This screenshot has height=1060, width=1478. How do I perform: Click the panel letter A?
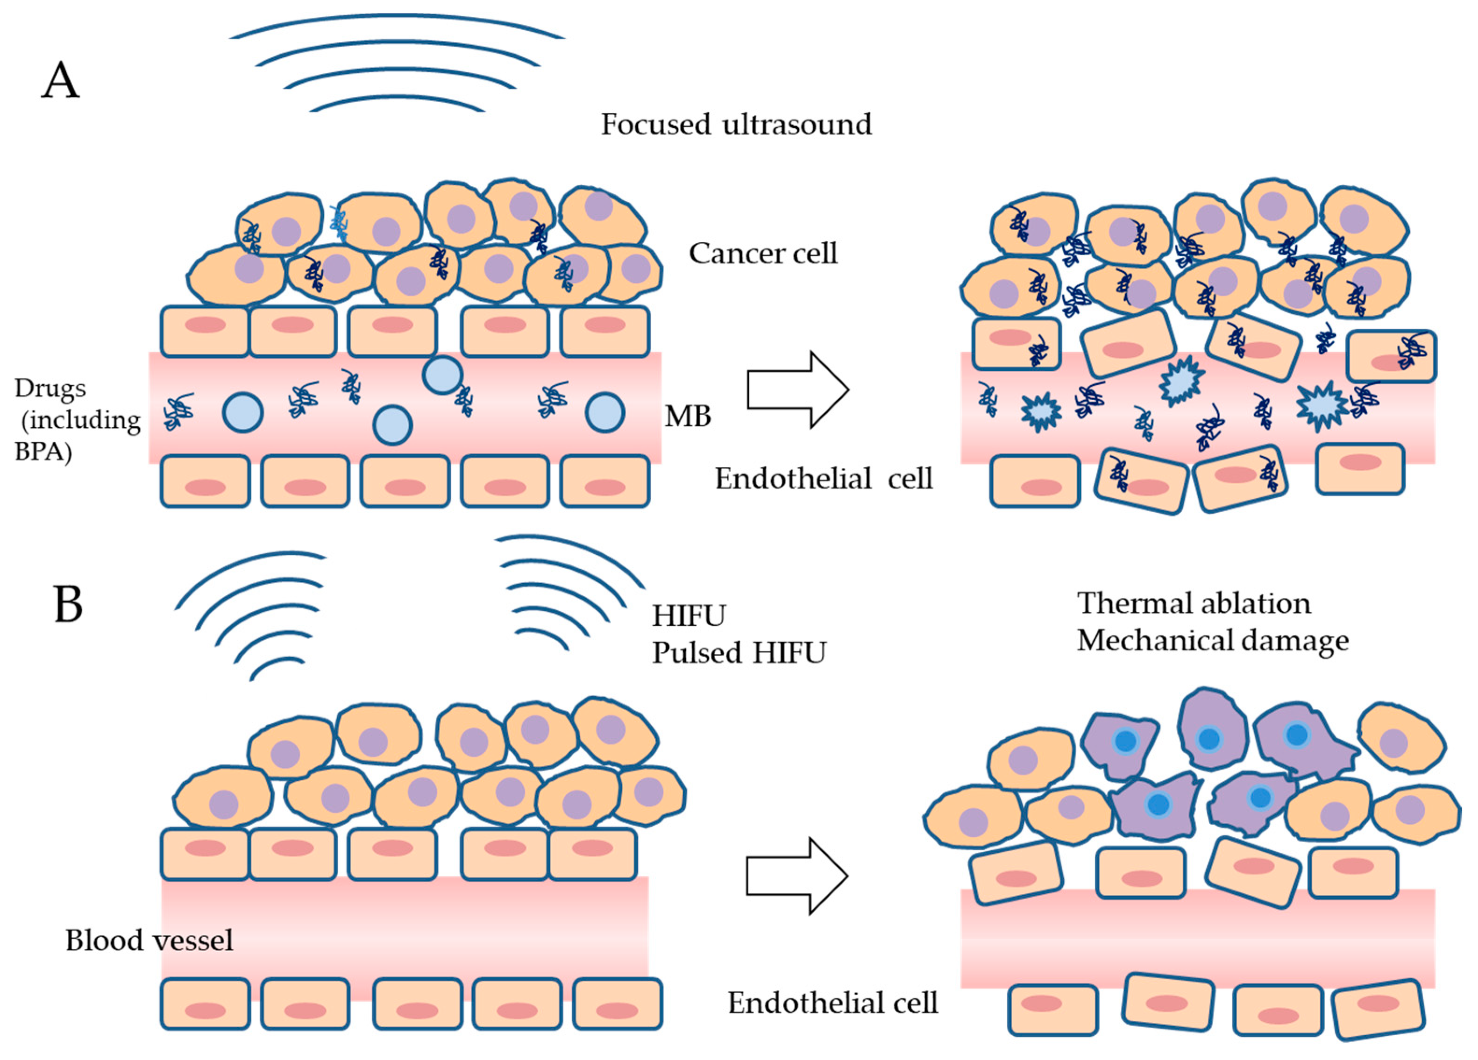pyautogui.click(x=61, y=81)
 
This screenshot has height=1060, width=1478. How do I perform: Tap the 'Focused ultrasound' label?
pyautogui.click(x=736, y=124)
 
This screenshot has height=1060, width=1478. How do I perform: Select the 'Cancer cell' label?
pyautogui.click(x=763, y=253)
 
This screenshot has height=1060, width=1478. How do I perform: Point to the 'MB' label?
pyautogui.click(x=688, y=416)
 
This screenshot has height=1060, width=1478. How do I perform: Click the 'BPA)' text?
pyautogui.click(x=43, y=451)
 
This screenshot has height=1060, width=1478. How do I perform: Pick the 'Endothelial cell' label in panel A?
pyautogui.click(x=823, y=478)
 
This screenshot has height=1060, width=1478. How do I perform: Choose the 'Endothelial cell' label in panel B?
pyautogui.click(x=832, y=1003)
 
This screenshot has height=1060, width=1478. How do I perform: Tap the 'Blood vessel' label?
pyautogui.click(x=149, y=940)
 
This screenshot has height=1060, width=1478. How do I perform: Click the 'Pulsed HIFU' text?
pyautogui.click(x=739, y=652)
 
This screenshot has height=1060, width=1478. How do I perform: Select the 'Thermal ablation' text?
pyautogui.click(x=1193, y=603)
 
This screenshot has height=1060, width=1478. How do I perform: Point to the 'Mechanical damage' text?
pyautogui.click(x=1213, y=640)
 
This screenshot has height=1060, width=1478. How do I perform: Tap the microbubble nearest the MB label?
pyautogui.click(x=605, y=412)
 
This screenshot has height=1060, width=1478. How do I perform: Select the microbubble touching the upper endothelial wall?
pyautogui.click(x=442, y=375)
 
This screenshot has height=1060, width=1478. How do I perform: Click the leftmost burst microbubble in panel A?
pyautogui.click(x=1041, y=412)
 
